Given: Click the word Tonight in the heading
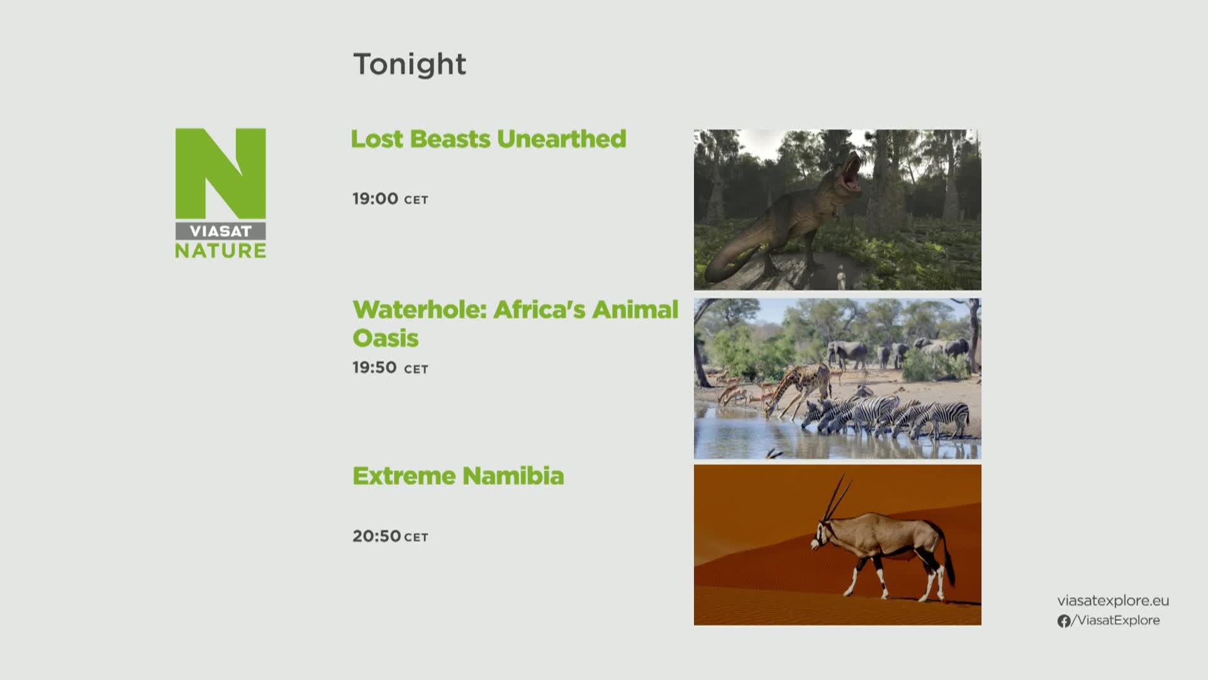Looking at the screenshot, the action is point(410,64).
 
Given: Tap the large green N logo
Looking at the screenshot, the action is point(220,173).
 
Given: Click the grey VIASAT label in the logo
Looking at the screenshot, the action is point(220,231).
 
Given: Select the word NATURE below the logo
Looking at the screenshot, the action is point(220,251).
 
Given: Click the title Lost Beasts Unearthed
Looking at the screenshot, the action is point(488,139).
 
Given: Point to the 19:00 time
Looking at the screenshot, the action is point(375,199).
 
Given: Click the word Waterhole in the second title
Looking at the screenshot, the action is point(420,310).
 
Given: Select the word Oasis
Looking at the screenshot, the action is point(385,338).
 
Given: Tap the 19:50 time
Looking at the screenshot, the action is point(374,368).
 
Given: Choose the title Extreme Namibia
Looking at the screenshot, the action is point(458,476).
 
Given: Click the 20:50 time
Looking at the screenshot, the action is point(376,536).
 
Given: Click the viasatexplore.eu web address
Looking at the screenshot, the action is point(1113,601).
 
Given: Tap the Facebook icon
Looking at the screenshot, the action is point(1064,621).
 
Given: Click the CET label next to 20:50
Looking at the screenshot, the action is point(416,538).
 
